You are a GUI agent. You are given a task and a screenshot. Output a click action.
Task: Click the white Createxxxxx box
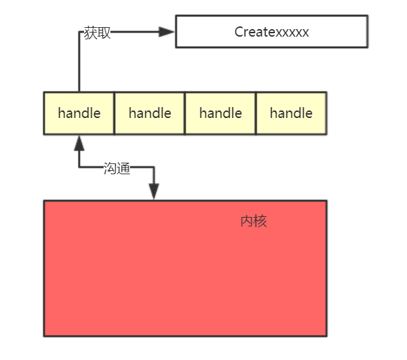[x=272, y=31]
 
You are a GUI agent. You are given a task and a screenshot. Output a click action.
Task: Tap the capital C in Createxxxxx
[x=238, y=32]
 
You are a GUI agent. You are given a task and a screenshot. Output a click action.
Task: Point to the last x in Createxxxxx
[x=305, y=33]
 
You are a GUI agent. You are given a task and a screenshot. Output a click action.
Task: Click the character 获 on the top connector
[x=90, y=33]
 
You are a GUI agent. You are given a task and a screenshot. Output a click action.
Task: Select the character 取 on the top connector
[x=104, y=33]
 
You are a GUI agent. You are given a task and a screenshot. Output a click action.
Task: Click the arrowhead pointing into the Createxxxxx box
[x=167, y=32]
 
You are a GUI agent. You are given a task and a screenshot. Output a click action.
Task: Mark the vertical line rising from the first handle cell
[x=79, y=62]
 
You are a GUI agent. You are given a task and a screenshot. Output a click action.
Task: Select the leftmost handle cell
[x=79, y=113]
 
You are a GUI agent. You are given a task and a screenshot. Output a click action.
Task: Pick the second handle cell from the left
[x=150, y=113]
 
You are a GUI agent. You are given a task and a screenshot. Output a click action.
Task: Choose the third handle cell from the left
[x=220, y=113]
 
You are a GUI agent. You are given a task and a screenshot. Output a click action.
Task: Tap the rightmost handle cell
[x=291, y=113]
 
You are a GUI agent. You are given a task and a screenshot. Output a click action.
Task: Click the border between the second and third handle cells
[x=185, y=113]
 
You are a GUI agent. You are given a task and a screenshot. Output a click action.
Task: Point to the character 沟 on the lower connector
[x=110, y=168]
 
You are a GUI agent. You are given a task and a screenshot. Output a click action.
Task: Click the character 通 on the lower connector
[x=123, y=168]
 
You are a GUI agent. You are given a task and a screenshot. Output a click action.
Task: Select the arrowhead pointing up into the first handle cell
[x=79, y=143]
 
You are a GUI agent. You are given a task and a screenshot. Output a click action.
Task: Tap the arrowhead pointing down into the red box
[x=154, y=191]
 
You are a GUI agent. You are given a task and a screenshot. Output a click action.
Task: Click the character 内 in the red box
[x=247, y=221]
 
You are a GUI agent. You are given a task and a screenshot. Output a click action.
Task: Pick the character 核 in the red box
[x=260, y=221]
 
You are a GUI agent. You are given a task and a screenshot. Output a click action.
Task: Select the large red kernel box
[x=185, y=268]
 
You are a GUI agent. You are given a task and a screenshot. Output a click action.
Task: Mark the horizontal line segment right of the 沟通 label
[x=142, y=167]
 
